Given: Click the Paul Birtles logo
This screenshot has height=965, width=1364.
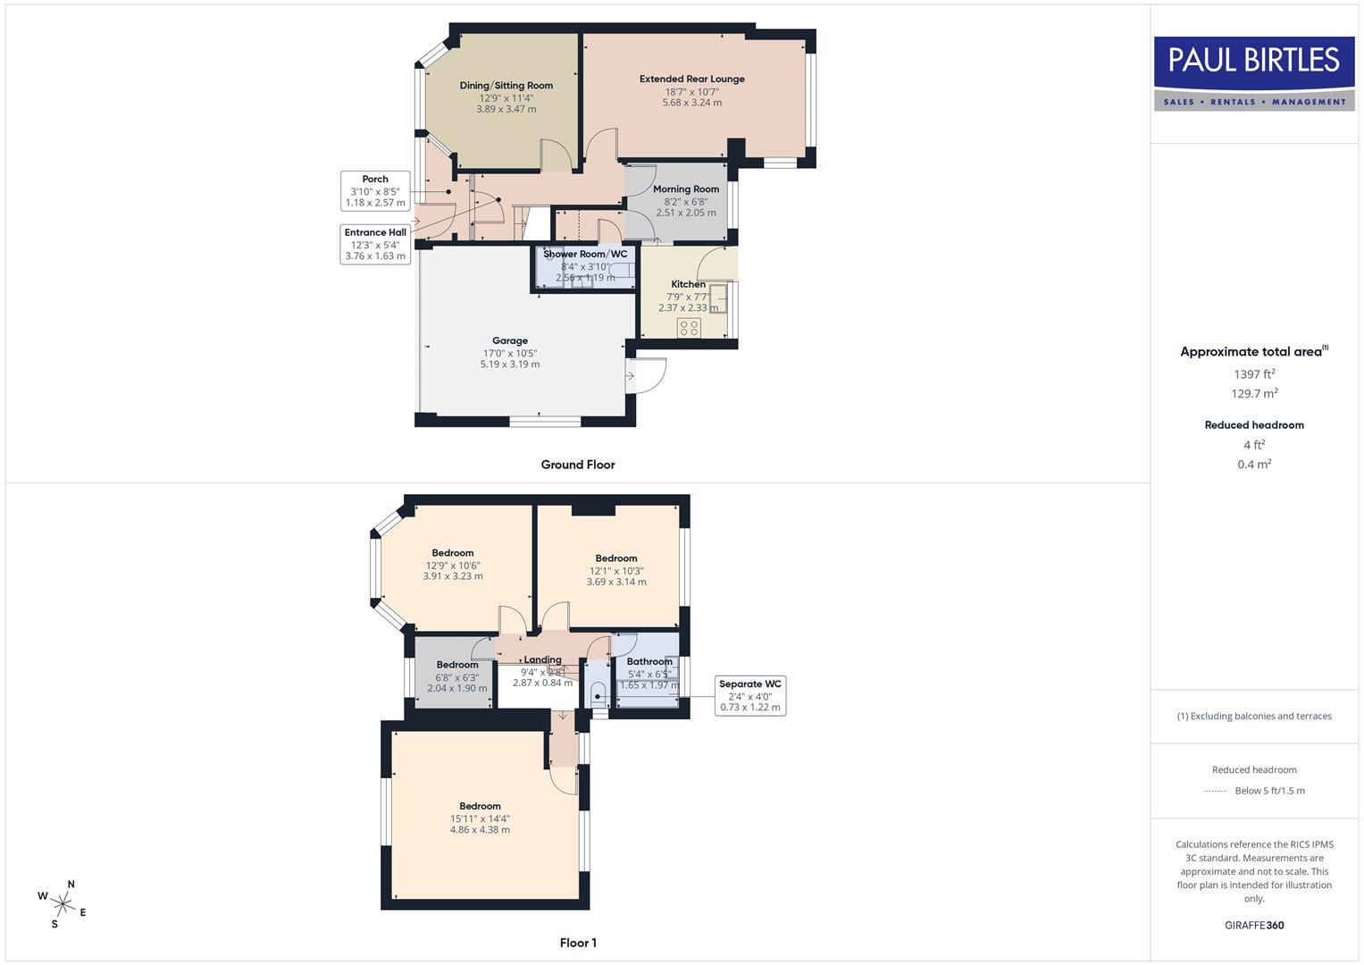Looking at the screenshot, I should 1254,72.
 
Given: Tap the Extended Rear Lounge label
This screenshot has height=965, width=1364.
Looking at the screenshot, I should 691,79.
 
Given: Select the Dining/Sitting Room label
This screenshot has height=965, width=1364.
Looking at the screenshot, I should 506,86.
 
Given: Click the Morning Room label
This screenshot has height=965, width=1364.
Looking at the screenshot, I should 686,189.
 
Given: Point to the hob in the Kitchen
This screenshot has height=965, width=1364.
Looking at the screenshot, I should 689,328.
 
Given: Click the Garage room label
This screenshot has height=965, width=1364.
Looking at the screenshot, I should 510,340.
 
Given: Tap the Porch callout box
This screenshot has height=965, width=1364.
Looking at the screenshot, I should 375,190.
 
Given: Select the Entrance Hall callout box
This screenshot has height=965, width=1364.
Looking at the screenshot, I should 375,244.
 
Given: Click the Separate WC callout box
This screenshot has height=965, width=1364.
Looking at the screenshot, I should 750,695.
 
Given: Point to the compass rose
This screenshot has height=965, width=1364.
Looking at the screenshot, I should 63,904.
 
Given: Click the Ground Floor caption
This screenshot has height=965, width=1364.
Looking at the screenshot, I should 578,465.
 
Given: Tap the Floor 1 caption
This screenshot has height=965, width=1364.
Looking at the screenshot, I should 578,943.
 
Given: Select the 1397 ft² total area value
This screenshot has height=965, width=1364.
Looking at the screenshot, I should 1254,374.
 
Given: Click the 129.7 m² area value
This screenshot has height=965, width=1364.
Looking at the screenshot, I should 1254,394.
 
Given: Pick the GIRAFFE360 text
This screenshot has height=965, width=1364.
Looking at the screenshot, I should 1254,925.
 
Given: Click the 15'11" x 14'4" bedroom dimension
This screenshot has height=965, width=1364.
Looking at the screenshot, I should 481,818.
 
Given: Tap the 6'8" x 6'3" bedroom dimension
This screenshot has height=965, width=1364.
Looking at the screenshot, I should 457,677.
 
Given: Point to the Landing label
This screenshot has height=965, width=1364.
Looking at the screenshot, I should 542,660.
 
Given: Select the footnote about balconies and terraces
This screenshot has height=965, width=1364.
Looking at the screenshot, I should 1254,716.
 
